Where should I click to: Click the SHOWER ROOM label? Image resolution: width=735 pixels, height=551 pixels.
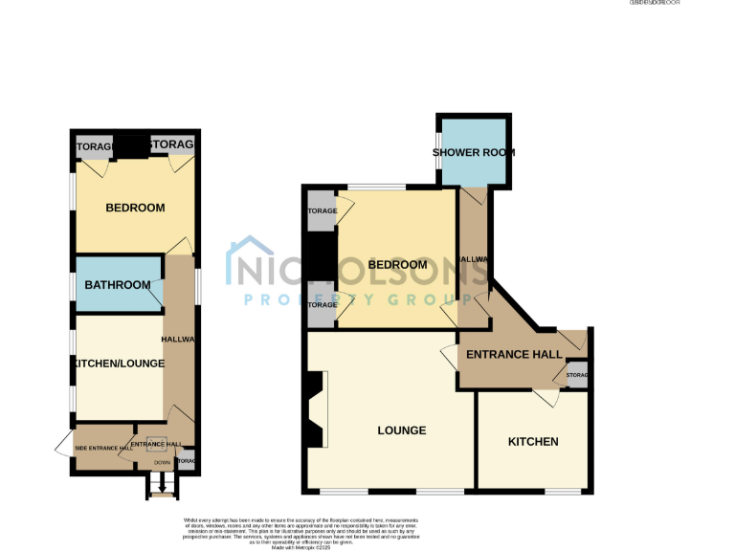pyautogui.click(x=474, y=152)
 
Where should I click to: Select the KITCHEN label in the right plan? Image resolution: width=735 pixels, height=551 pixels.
pyautogui.click(x=533, y=441)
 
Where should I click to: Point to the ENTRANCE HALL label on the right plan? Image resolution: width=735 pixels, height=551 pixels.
pyautogui.click(x=514, y=355)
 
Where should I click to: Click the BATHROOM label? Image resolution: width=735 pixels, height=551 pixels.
pyautogui.click(x=118, y=285)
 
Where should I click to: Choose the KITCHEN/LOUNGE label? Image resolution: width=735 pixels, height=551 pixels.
pyautogui.click(x=118, y=364)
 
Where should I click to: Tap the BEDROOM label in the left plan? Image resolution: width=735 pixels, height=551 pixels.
pyautogui.click(x=135, y=208)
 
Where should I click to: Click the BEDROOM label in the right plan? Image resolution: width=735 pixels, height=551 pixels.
pyautogui.click(x=397, y=264)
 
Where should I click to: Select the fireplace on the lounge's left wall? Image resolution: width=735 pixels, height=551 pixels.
pyautogui.click(x=314, y=411)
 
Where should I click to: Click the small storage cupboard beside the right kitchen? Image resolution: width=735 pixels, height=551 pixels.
pyautogui.click(x=577, y=375)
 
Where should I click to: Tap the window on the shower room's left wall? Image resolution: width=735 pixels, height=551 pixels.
pyautogui.click(x=438, y=153)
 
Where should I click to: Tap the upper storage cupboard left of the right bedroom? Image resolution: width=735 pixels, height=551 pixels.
pyautogui.click(x=322, y=211)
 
